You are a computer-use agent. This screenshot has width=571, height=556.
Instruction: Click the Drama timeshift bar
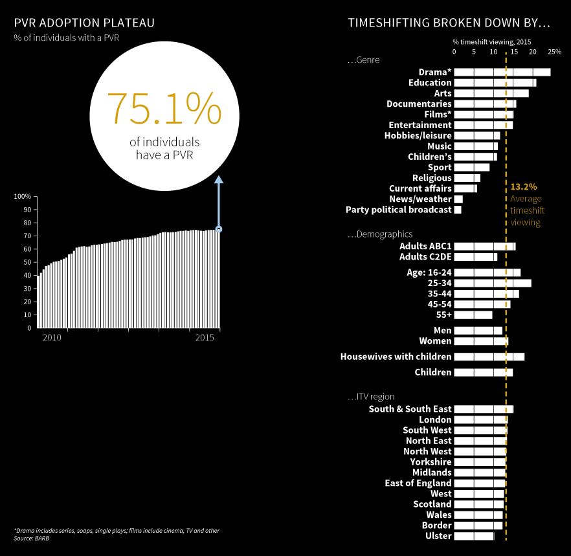coord(502,72)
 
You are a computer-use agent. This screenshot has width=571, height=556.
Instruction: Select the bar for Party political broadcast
coord(458,210)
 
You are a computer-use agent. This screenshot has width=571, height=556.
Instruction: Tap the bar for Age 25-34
coord(492,283)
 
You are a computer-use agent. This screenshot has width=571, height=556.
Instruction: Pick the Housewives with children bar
coord(489,357)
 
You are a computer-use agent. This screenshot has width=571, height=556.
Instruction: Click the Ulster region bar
coord(474,536)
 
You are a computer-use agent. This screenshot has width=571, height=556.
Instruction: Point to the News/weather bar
coord(458,199)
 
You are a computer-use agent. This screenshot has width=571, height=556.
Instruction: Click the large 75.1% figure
coord(164,108)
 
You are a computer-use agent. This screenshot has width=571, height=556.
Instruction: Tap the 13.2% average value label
coord(523,186)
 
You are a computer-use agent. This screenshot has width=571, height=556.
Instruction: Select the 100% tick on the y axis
coord(23,196)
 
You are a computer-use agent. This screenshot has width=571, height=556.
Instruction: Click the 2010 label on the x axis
coord(52,338)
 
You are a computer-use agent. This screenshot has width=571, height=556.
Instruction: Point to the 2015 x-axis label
coord(205,338)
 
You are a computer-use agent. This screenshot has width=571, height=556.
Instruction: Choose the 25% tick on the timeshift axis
coord(554,51)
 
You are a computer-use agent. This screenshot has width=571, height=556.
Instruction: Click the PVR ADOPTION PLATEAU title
coord(84,23)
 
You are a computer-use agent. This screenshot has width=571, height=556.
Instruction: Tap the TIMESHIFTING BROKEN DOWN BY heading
coord(449,23)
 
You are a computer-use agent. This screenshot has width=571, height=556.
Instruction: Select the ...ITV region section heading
coord(371,396)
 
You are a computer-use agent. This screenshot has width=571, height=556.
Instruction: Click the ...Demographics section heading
coord(380,234)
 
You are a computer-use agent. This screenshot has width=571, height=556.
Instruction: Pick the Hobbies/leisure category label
coord(418,135)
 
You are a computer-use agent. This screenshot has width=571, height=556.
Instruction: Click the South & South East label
coord(410,409)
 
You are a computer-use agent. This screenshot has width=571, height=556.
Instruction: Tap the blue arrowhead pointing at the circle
coord(219,181)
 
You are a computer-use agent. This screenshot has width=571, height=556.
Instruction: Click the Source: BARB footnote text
coord(32,538)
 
